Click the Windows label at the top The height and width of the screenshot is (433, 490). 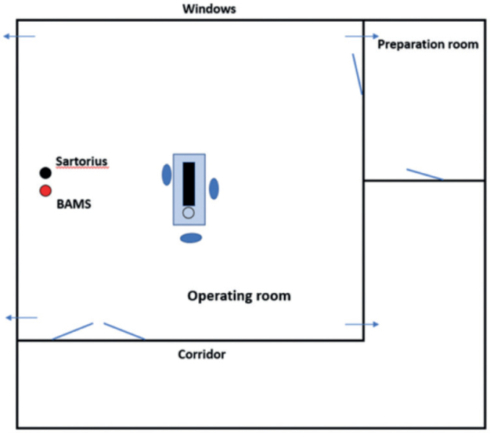coord(208,9)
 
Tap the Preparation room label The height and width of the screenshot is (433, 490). coord(427,44)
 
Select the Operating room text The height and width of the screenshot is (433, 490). coord(239,296)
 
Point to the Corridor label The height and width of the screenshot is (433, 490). coord(203,355)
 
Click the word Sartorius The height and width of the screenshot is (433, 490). coord(81,161)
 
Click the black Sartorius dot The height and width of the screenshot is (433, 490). coord(45,172)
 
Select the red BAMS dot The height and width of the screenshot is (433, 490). coord(45,191)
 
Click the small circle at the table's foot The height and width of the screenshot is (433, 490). coord(189,212)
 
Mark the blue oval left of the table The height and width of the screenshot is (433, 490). coord(167,175)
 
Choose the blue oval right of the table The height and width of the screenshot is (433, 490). coord(213,189)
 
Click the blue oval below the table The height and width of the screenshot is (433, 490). coord(190,238)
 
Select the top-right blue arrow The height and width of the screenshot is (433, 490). coord(362,36)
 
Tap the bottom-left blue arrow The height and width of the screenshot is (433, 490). coord(21,317)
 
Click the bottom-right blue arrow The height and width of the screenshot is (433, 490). coord(362,324)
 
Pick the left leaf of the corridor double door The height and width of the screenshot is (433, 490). coord(73,331)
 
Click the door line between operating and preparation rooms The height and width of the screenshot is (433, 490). coord(357,73)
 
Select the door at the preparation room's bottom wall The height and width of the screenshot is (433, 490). coord(424,174)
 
